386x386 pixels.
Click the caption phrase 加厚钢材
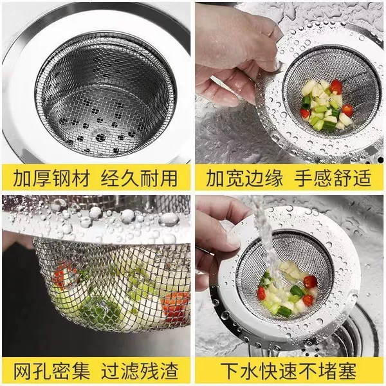click(x=51, y=178)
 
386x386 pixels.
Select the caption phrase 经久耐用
click(x=140, y=178)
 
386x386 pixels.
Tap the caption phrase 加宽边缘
click(x=244, y=178)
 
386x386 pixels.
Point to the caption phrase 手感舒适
click(x=333, y=178)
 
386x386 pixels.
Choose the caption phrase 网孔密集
click(x=51, y=371)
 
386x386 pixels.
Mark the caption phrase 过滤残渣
click(x=140, y=371)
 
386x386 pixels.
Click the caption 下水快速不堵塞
click(x=288, y=371)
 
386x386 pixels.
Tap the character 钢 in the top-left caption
click(x=62, y=178)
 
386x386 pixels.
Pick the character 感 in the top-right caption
click(x=323, y=178)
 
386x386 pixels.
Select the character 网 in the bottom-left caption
click(x=23, y=371)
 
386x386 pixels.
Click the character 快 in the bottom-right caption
click(x=269, y=371)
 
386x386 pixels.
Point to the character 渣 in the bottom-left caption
click(x=169, y=371)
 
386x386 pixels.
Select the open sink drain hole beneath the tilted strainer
click(x=349, y=337)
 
